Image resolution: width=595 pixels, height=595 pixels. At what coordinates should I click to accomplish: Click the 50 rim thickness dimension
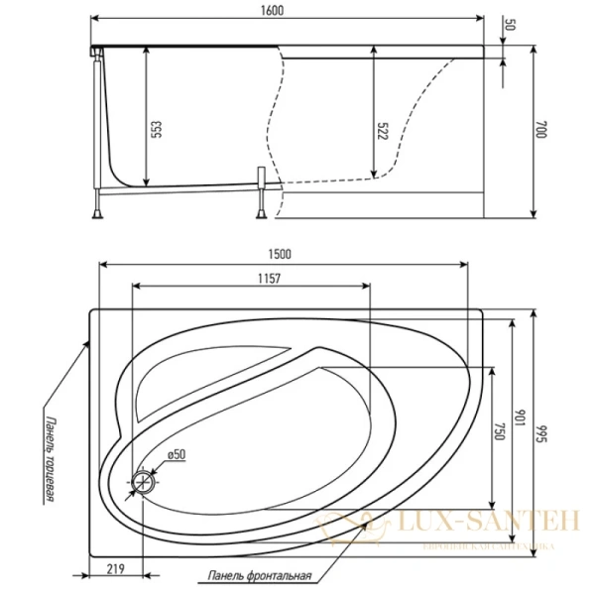(512, 25)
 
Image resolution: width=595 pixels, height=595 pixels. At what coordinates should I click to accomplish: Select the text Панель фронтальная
(261, 576)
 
